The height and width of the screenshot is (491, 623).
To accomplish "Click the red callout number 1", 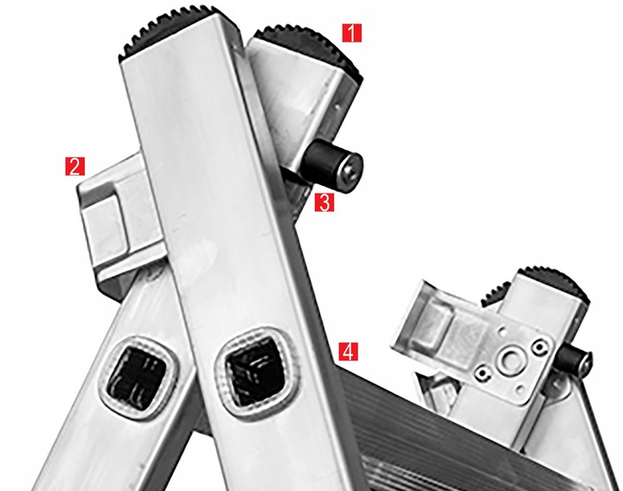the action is pos(352,33).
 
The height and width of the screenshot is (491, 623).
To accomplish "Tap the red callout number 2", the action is pos(75,166).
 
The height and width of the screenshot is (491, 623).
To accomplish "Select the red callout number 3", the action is pos(324,202).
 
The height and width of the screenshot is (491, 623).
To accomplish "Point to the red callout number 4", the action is pos(348,351).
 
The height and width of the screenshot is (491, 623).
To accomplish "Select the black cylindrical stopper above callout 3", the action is pos(332,166).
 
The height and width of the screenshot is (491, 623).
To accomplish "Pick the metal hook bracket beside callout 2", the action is pos(119,222).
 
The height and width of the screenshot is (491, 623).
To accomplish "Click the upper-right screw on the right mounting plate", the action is pos(540,348).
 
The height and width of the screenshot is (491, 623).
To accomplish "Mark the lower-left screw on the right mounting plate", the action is pos(483,373).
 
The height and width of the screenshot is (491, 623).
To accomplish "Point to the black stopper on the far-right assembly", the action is pos(573,360).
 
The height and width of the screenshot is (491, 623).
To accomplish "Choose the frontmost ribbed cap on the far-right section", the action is pos(555,283).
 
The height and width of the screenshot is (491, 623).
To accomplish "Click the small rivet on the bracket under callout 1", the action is pos(337,106).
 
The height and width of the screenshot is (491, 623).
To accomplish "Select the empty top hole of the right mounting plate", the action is pos(502,330).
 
